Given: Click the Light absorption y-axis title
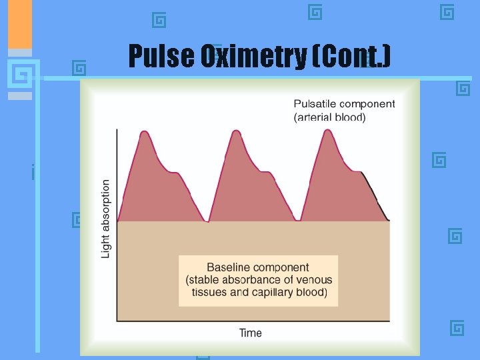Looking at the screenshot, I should tap(106, 218).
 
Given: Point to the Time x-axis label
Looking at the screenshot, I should tap(251, 333).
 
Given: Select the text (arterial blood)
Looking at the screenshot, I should tap(330, 117).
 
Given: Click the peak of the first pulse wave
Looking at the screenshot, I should tap(144, 131).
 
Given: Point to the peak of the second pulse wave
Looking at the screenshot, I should tap(235, 130).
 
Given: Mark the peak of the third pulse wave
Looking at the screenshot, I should tap(327, 129).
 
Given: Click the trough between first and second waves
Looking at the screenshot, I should tap(207, 221).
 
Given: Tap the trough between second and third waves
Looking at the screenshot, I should tap(297, 221).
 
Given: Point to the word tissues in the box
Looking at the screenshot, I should tap(209, 292).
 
